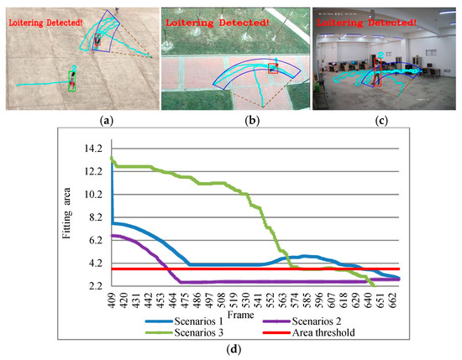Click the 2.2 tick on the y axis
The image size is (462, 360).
click(x=94, y=286)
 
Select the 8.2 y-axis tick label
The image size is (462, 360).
click(x=94, y=217)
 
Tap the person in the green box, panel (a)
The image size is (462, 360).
click(x=74, y=80)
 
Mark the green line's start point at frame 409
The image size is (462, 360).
click(x=112, y=158)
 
